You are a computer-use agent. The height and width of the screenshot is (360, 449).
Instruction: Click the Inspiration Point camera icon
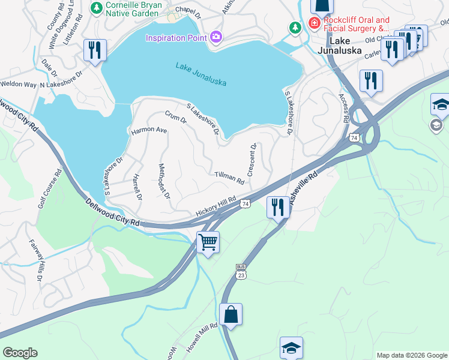(x=216, y=37)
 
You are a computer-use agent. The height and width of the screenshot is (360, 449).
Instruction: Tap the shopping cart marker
(x=208, y=242)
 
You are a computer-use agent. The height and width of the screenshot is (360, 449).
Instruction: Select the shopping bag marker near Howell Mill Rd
(x=231, y=314)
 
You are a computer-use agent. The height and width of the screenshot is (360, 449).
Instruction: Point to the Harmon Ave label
(x=149, y=130)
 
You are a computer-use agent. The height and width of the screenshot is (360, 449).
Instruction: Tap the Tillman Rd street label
(x=229, y=178)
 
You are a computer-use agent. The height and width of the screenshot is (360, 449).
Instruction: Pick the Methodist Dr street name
(x=164, y=182)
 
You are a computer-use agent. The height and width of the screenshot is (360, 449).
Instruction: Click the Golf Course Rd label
(x=50, y=188)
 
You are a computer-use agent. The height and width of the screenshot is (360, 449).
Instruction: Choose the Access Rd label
(x=343, y=107)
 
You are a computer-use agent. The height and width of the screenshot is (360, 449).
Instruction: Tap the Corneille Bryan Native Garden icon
(x=95, y=8)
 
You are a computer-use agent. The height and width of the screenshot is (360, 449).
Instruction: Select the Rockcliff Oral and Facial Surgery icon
(x=314, y=23)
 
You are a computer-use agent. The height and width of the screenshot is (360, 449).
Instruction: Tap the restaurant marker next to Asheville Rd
(x=277, y=207)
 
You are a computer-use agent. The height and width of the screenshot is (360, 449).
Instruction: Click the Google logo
(x=20, y=353)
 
